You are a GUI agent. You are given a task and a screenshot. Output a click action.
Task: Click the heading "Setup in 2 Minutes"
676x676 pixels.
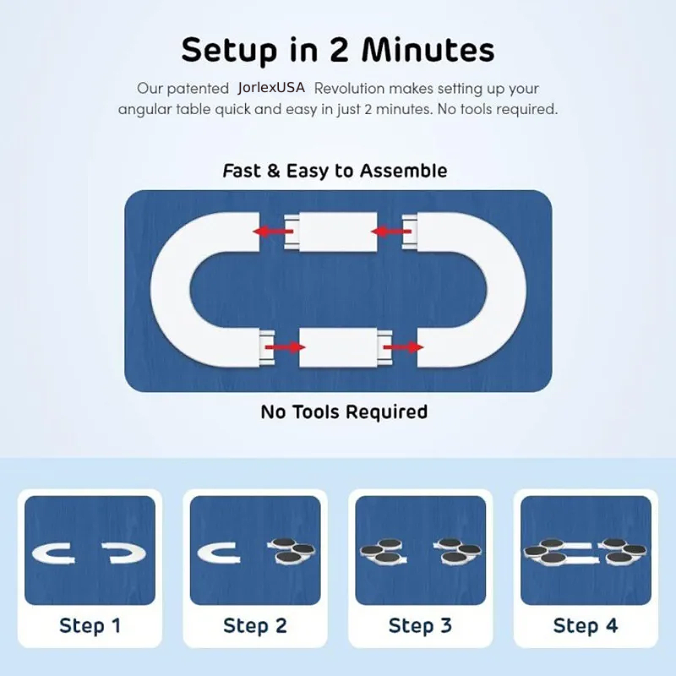coord(337,50)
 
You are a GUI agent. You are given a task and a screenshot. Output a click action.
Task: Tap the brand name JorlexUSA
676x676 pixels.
coord(271,88)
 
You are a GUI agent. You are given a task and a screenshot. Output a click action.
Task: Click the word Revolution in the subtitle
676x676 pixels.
coord(349,89)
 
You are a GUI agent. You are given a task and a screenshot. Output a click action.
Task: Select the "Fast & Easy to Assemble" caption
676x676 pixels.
coord(335,171)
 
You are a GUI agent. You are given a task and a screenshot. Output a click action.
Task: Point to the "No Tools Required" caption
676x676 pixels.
coord(344,412)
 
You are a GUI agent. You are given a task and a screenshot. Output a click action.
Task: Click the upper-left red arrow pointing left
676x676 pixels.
coord(273,232)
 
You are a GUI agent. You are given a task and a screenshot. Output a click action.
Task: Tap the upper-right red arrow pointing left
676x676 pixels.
coord(391,232)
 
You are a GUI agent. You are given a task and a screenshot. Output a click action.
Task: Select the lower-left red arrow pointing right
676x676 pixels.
coord(285,347)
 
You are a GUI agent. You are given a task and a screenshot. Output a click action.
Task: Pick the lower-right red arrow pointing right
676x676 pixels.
coord(403,347)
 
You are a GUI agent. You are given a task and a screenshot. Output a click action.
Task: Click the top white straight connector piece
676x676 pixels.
coord(331,232)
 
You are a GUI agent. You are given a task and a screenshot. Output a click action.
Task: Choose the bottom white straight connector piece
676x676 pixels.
coord(346,347)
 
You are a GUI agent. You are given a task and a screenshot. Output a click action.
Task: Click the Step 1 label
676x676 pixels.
coord(90,625)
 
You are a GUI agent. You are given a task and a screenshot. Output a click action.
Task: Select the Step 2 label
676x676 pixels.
coord(255,625)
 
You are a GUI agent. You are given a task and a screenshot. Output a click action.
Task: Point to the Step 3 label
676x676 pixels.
coord(420,625)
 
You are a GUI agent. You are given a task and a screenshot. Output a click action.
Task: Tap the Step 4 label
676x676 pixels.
coord(586,625)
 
